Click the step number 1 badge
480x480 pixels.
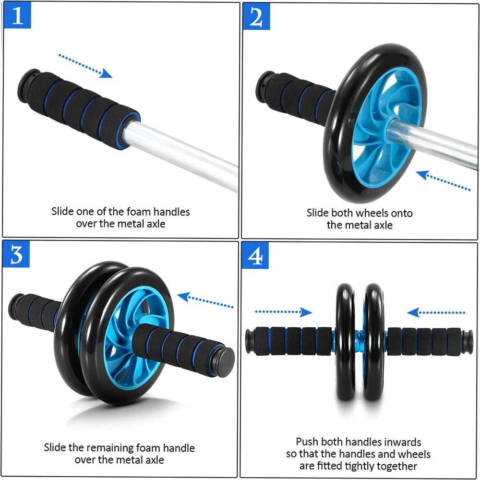[x=17, y=16]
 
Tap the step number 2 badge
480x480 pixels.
[x=256, y=17]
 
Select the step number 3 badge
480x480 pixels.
[x=17, y=255]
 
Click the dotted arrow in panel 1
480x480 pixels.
[x=85, y=66]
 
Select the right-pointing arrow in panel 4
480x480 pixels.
[x=283, y=312]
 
